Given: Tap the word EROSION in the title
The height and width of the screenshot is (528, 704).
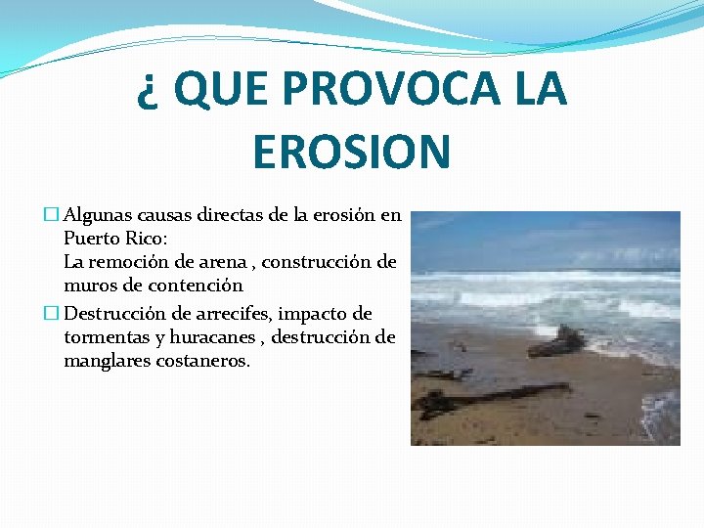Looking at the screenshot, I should [x=351, y=153].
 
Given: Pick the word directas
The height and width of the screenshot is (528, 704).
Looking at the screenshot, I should [x=231, y=215].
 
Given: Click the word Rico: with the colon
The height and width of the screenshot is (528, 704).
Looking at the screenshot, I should [x=147, y=238].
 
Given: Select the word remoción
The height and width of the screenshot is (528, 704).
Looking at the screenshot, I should [x=125, y=261].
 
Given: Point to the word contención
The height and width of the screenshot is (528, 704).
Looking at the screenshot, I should [x=191, y=285].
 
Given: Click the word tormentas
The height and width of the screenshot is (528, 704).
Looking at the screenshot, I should [x=106, y=337].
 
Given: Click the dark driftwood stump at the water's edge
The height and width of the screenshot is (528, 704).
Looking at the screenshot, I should [x=559, y=341].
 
